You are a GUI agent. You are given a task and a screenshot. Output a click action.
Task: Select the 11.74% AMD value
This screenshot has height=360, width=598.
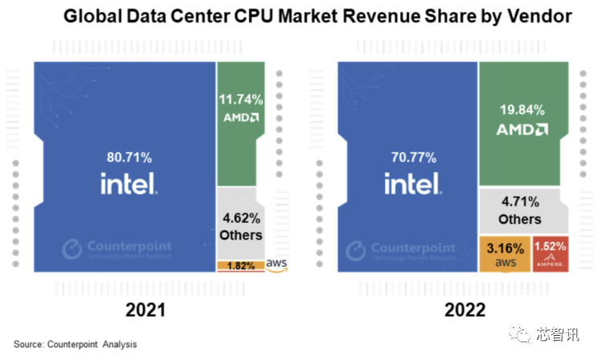pyautogui.click(x=240, y=100)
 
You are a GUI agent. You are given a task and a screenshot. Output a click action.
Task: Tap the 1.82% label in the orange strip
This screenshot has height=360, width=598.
pyautogui.click(x=240, y=265)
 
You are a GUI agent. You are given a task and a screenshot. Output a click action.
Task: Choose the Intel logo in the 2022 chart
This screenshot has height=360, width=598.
pyautogui.click(x=412, y=185)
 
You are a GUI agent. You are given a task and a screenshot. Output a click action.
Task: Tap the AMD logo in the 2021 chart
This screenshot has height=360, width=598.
pyautogui.click(x=240, y=117)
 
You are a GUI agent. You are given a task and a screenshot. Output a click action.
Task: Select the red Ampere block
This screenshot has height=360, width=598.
pyautogui.click(x=551, y=252)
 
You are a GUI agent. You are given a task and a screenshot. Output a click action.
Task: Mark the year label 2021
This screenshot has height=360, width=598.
pyautogui.click(x=145, y=310)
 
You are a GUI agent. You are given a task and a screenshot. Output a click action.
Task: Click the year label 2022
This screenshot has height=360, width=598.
pyautogui.click(x=454, y=310)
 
